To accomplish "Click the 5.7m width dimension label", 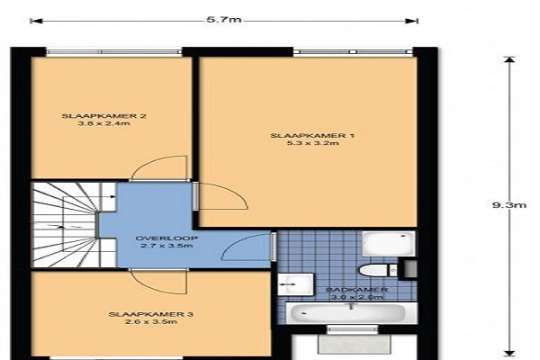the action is (x=224, y=20).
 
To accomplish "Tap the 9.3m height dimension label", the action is (x=509, y=205).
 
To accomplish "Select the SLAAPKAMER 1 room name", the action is (x=312, y=135).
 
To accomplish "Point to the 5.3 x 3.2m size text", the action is (x=312, y=142).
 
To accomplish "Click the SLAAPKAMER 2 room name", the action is (x=104, y=116).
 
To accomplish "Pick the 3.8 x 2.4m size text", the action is (x=104, y=123).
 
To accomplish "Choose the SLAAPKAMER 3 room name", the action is (x=151, y=314).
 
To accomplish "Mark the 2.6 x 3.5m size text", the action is (x=151, y=322).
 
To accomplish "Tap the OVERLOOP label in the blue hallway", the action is (x=166, y=238).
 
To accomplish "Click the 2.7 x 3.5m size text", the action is (x=166, y=246).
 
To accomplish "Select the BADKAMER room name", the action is (x=357, y=290).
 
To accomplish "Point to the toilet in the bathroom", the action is (x=378, y=270).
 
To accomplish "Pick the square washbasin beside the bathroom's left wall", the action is (x=296, y=284).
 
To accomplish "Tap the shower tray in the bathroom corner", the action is (x=388, y=244).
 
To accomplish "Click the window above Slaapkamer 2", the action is (x=114, y=51).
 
